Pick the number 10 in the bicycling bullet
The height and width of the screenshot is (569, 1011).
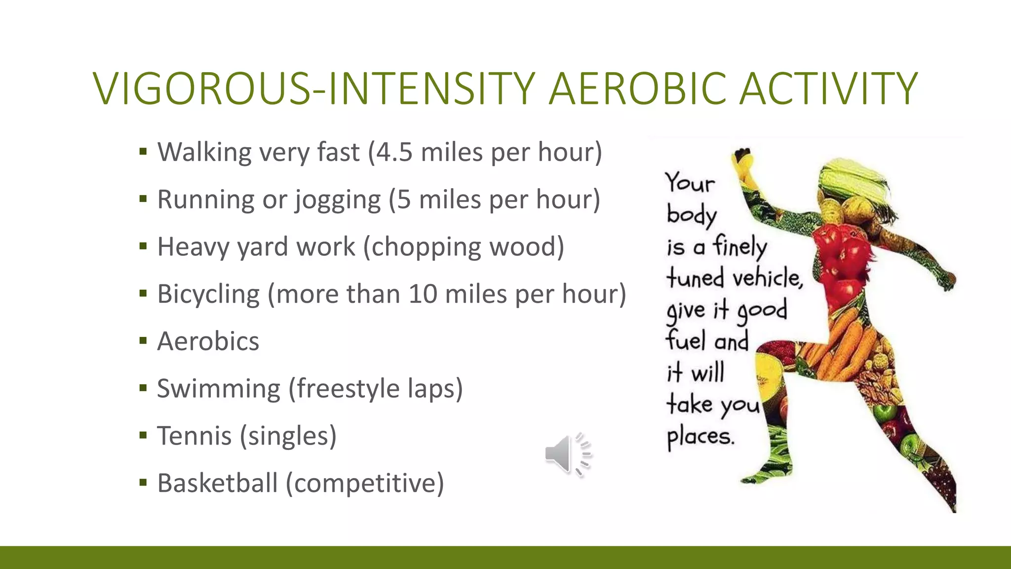point(423,294)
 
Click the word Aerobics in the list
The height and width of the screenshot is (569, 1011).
point(208,341)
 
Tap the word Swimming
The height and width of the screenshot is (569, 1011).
point(219,389)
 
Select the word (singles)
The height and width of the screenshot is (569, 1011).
point(288,436)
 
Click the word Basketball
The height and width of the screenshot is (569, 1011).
point(217,483)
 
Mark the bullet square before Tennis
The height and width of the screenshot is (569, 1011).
point(143,436)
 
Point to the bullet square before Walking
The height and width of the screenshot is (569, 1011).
point(143,152)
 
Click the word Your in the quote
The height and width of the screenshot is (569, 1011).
point(689,183)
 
